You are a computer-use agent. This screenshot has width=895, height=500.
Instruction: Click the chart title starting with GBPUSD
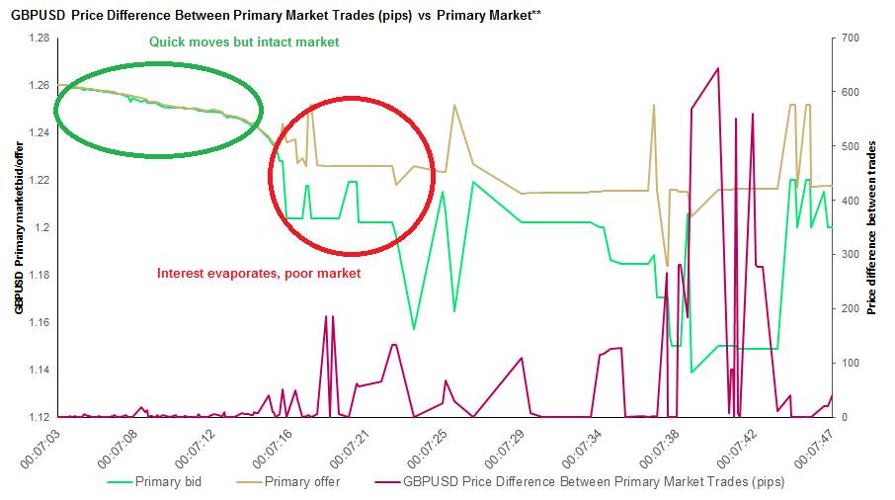276,15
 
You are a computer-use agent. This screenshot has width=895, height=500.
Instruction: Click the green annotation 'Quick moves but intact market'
244,42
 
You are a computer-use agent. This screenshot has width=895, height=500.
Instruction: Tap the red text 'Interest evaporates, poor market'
259,273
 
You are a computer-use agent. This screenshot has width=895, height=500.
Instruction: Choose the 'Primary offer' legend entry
302,481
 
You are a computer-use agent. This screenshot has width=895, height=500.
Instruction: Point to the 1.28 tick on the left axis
38,38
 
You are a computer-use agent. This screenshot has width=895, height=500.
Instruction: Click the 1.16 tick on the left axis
38,322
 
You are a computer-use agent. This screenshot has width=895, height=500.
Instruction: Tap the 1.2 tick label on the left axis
41,227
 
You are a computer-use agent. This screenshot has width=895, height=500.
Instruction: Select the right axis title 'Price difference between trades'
872,226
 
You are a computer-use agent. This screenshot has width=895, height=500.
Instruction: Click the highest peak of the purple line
717,68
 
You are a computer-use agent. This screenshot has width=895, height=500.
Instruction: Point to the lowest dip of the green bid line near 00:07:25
414,329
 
